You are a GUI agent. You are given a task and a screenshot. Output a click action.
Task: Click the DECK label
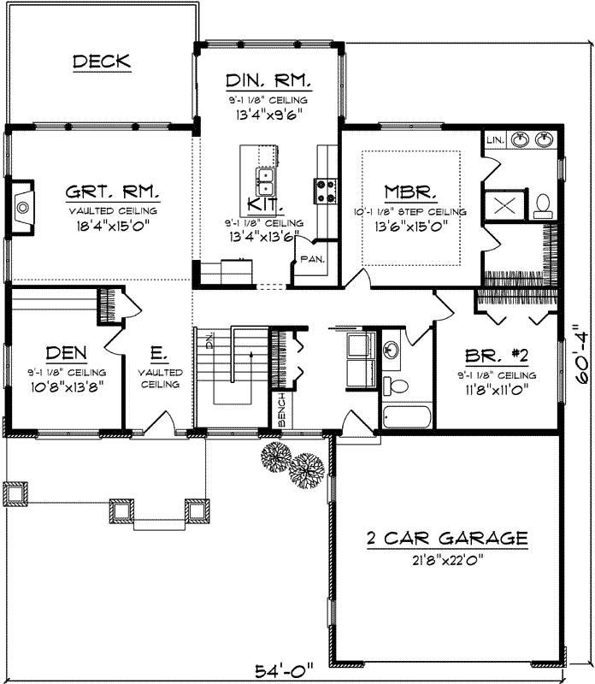(x=101, y=61)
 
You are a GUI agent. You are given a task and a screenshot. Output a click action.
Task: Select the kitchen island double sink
(x=266, y=181)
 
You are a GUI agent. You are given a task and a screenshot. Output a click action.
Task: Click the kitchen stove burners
(x=326, y=190)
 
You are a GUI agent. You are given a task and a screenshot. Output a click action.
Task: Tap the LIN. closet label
(x=494, y=139)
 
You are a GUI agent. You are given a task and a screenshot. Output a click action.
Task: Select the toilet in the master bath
(x=542, y=204)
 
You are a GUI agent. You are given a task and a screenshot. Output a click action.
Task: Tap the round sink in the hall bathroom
(x=392, y=350)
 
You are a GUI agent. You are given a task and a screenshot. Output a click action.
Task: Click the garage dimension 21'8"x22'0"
(x=446, y=560)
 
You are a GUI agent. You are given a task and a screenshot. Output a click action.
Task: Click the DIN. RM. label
(x=268, y=82)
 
